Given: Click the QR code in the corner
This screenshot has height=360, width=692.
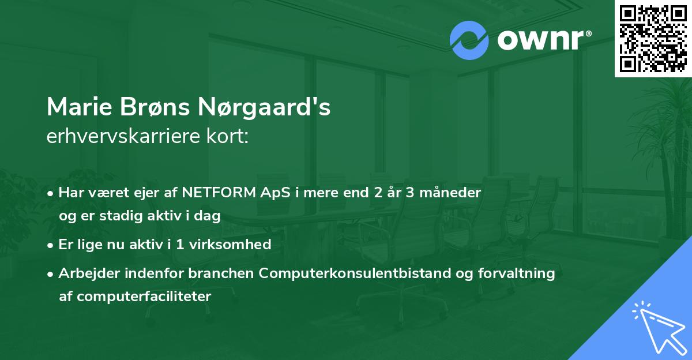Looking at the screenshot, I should click(x=653, y=38).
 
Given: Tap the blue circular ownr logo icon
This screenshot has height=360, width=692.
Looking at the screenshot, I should click(x=469, y=40).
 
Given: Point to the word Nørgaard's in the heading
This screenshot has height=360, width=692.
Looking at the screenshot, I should click(x=265, y=107).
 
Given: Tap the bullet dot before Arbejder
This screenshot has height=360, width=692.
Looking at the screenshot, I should click(x=51, y=274).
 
